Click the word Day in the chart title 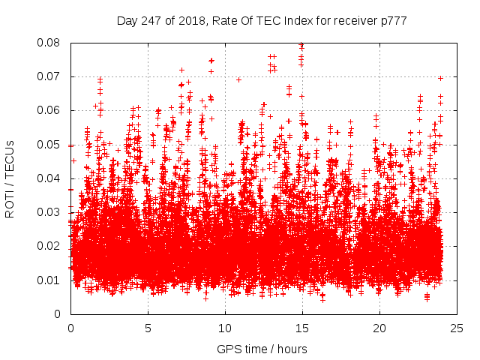pos(127,21)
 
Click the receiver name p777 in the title pos(391,21)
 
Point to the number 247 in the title pos(150,21)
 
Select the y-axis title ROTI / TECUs pos(10,178)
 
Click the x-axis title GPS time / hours pos(262,349)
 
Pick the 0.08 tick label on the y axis pos(52,43)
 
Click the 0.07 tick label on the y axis pos(52,76)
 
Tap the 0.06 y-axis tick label pos(52,110)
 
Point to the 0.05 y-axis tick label pos(52,144)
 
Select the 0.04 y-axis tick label pos(52,178)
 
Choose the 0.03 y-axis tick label pos(52,212)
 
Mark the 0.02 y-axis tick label pos(52,246)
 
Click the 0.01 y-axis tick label pos(52,280)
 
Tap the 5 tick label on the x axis pos(148,328)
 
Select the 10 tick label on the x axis pos(225,328)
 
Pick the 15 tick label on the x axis pos(302,328)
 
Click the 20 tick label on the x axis pos(379,328)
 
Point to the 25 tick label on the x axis pos(457,328)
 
